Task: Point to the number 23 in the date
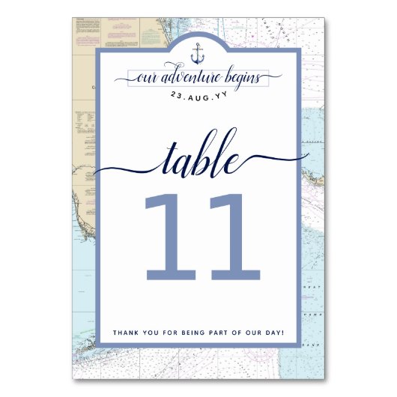177,94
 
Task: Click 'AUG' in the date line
198,94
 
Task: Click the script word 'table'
198,159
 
